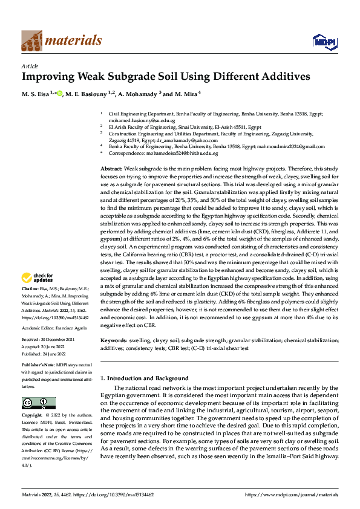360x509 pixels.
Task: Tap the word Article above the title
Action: [30, 66]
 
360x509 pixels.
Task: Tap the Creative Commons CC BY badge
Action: [38, 403]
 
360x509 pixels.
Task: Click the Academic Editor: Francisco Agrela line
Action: [58, 328]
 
